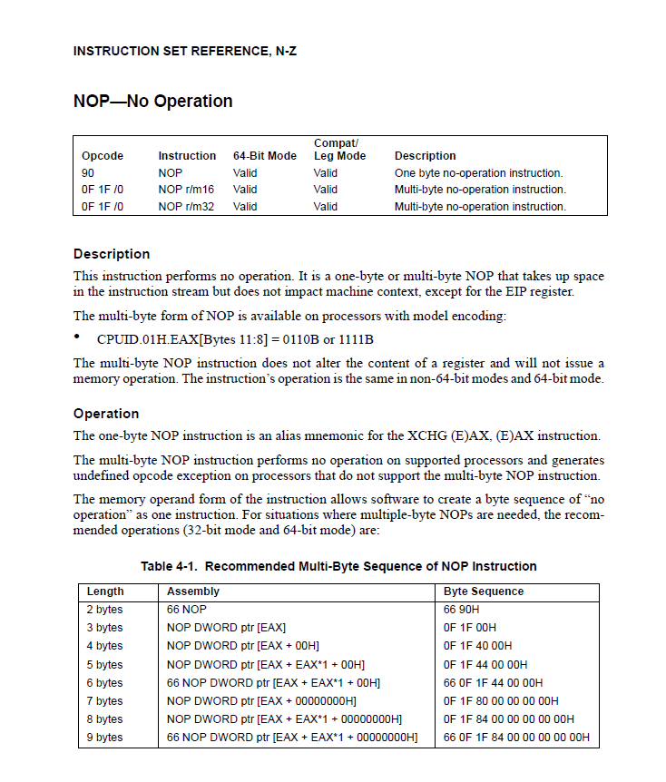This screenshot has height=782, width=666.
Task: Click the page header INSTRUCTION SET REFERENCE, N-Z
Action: pos(184,52)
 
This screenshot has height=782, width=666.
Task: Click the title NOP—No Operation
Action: pos(152,102)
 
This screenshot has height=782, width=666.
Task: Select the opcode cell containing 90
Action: pos(88,172)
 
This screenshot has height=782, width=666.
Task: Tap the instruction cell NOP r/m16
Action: pos(185,190)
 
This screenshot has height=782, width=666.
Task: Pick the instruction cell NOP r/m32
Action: pos(185,207)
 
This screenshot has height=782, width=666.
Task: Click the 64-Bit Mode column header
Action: pos(264,156)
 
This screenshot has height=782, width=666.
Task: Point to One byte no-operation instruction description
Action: pos(478,172)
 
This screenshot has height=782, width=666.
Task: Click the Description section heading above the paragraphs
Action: pos(112,254)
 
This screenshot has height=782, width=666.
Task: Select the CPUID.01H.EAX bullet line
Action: pos(235,339)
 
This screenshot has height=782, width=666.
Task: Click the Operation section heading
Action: pos(106,414)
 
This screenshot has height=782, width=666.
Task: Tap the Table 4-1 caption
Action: pos(338,566)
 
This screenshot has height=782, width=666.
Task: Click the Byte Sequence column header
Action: pos(484,591)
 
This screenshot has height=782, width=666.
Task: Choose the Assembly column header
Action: pos(193,591)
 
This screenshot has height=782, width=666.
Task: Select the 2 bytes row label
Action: pos(104,610)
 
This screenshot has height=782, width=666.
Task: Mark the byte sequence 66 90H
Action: pos(463,610)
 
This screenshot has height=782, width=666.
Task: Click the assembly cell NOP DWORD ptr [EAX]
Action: pos(227,628)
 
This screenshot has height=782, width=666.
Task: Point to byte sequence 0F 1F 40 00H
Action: pos(477,646)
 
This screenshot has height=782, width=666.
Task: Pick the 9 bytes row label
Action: pos(104,738)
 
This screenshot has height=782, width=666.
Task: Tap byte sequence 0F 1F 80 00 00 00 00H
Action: pos(501,701)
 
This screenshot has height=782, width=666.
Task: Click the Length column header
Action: pos(105,591)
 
